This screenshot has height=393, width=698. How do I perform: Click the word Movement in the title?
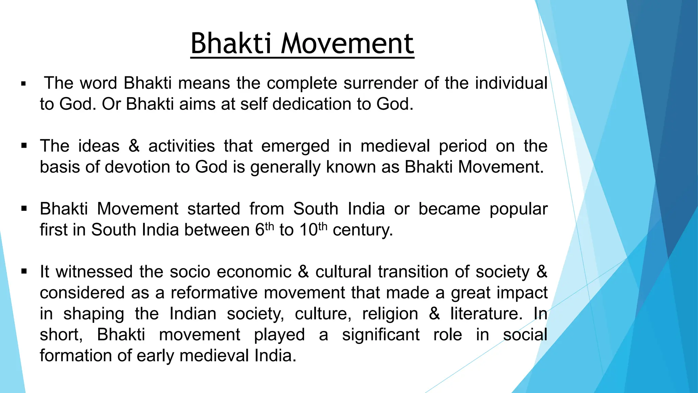pos(347,44)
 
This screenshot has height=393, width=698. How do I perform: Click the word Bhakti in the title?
pos(231,44)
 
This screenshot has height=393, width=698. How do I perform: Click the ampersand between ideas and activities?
pos(134,146)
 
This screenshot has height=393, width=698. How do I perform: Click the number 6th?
pos(264,230)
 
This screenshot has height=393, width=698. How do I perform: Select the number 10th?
pos(313,230)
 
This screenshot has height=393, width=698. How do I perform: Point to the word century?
pos(363,230)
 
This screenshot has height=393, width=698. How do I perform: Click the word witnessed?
pos(94,272)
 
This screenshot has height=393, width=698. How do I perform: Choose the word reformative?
pos(214,293)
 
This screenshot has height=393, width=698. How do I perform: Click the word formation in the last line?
pos(76,356)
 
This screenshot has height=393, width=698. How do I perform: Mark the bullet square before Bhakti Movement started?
pos(24,209)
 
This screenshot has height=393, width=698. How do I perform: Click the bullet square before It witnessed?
pos(24,272)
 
